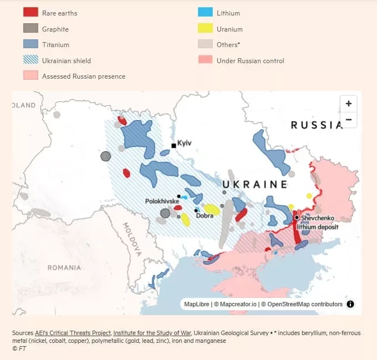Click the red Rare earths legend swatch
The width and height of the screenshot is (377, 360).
click(x=30, y=13)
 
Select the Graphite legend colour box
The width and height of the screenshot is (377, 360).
click(x=30, y=29)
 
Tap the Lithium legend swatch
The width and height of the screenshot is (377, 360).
click(x=205, y=13)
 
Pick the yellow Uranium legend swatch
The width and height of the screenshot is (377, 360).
click(x=205, y=29)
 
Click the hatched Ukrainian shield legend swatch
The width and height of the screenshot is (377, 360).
click(x=30, y=60)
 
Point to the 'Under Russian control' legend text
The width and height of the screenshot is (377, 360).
click(x=250, y=60)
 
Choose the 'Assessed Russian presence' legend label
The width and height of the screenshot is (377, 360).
click(x=84, y=76)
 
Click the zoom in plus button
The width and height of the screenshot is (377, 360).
click(x=348, y=104)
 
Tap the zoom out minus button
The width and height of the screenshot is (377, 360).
click(x=348, y=120)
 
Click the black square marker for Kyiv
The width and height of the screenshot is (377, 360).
click(x=174, y=146)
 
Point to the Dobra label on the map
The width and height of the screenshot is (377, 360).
click(x=205, y=215)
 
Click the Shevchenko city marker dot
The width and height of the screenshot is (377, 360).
click(x=297, y=218)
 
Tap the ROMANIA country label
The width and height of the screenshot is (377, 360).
click(x=64, y=268)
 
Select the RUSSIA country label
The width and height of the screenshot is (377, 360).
click(x=317, y=125)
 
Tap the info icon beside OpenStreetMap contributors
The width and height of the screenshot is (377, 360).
click(x=350, y=304)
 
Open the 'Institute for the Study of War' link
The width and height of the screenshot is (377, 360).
click(x=152, y=333)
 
